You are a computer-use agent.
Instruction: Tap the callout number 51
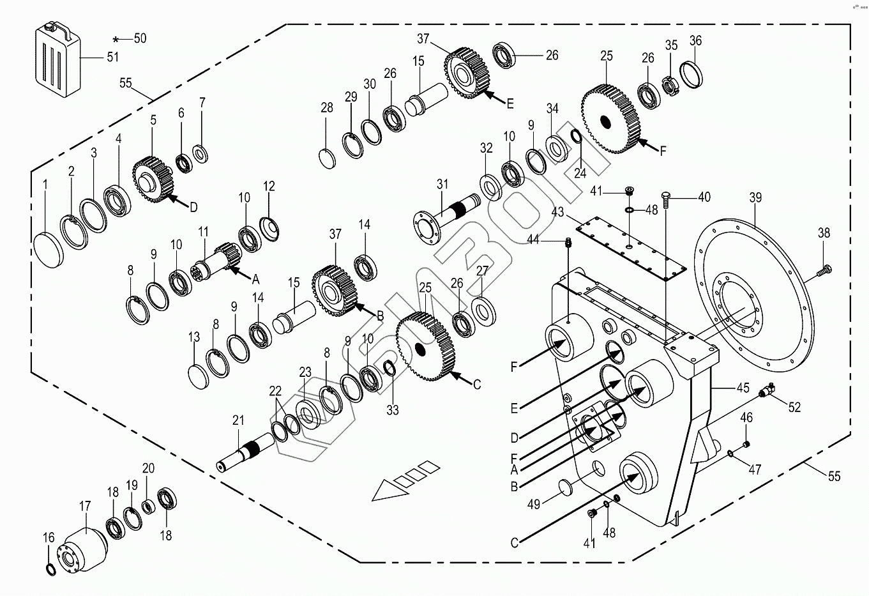(112, 57)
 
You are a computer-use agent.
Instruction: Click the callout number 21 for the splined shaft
(238, 420)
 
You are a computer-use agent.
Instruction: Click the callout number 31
(442, 185)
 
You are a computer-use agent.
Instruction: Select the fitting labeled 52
(767, 390)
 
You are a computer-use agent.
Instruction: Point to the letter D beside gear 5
(193, 206)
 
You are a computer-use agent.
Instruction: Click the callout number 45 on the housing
(743, 388)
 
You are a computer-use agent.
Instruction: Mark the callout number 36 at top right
(695, 40)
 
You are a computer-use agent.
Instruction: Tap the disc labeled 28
(328, 158)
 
